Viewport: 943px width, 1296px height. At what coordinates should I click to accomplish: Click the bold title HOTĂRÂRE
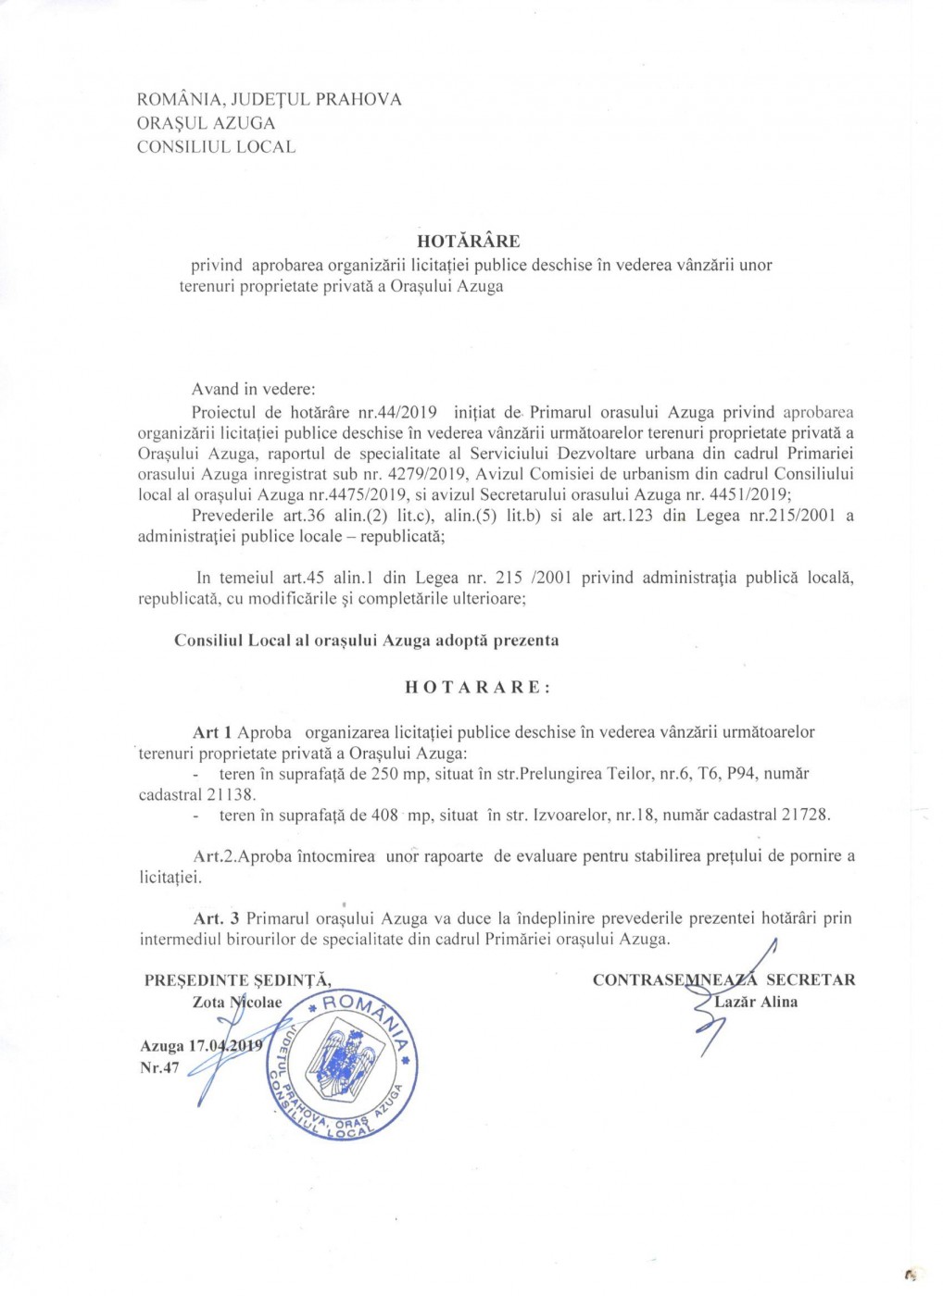point(468,242)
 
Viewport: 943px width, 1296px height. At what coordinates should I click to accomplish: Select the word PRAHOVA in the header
point(358,99)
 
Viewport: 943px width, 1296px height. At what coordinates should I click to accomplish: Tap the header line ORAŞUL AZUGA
point(206,123)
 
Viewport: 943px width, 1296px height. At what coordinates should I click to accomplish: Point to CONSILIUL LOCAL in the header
point(216,146)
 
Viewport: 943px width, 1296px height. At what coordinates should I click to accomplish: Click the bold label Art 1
point(212,732)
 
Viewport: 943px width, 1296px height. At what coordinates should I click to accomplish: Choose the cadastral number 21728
point(805,816)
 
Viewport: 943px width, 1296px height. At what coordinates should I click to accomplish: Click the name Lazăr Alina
point(756,1002)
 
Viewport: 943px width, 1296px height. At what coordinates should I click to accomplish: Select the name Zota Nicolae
point(237,1003)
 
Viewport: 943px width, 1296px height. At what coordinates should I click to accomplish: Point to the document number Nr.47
point(159,1067)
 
